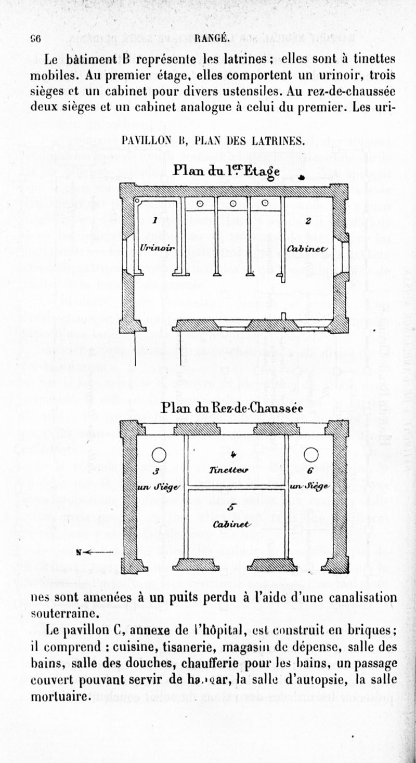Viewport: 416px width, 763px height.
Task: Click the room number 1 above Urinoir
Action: (x=154, y=221)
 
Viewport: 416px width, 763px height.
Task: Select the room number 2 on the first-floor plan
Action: (x=308, y=221)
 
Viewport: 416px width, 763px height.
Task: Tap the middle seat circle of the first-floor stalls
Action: (x=233, y=203)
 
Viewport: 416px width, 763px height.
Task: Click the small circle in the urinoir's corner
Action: (x=139, y=200)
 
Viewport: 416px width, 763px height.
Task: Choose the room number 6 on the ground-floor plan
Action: (x=310, y=472)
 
